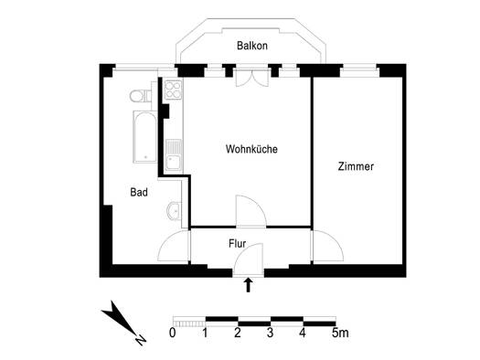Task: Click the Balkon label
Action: point(252,46)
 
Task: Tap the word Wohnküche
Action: point(251,149)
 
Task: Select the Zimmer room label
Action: point(356,166)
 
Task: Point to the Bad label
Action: point(139,192)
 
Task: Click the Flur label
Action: point(237,243)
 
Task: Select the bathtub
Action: point(145,137)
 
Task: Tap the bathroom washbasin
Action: point(175,211)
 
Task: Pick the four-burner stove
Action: point(173,90)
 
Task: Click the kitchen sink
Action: point(174,154)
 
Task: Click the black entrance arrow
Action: point(249,285)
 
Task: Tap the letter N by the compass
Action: point(141,340)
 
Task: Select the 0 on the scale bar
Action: point(173,333)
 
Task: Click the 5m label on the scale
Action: point(340,333)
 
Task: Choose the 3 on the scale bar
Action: point(270,333)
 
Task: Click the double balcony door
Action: point(252,79)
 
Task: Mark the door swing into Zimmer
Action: point(328,246)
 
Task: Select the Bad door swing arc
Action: point(174,246)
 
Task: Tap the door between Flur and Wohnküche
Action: point(251,211)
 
